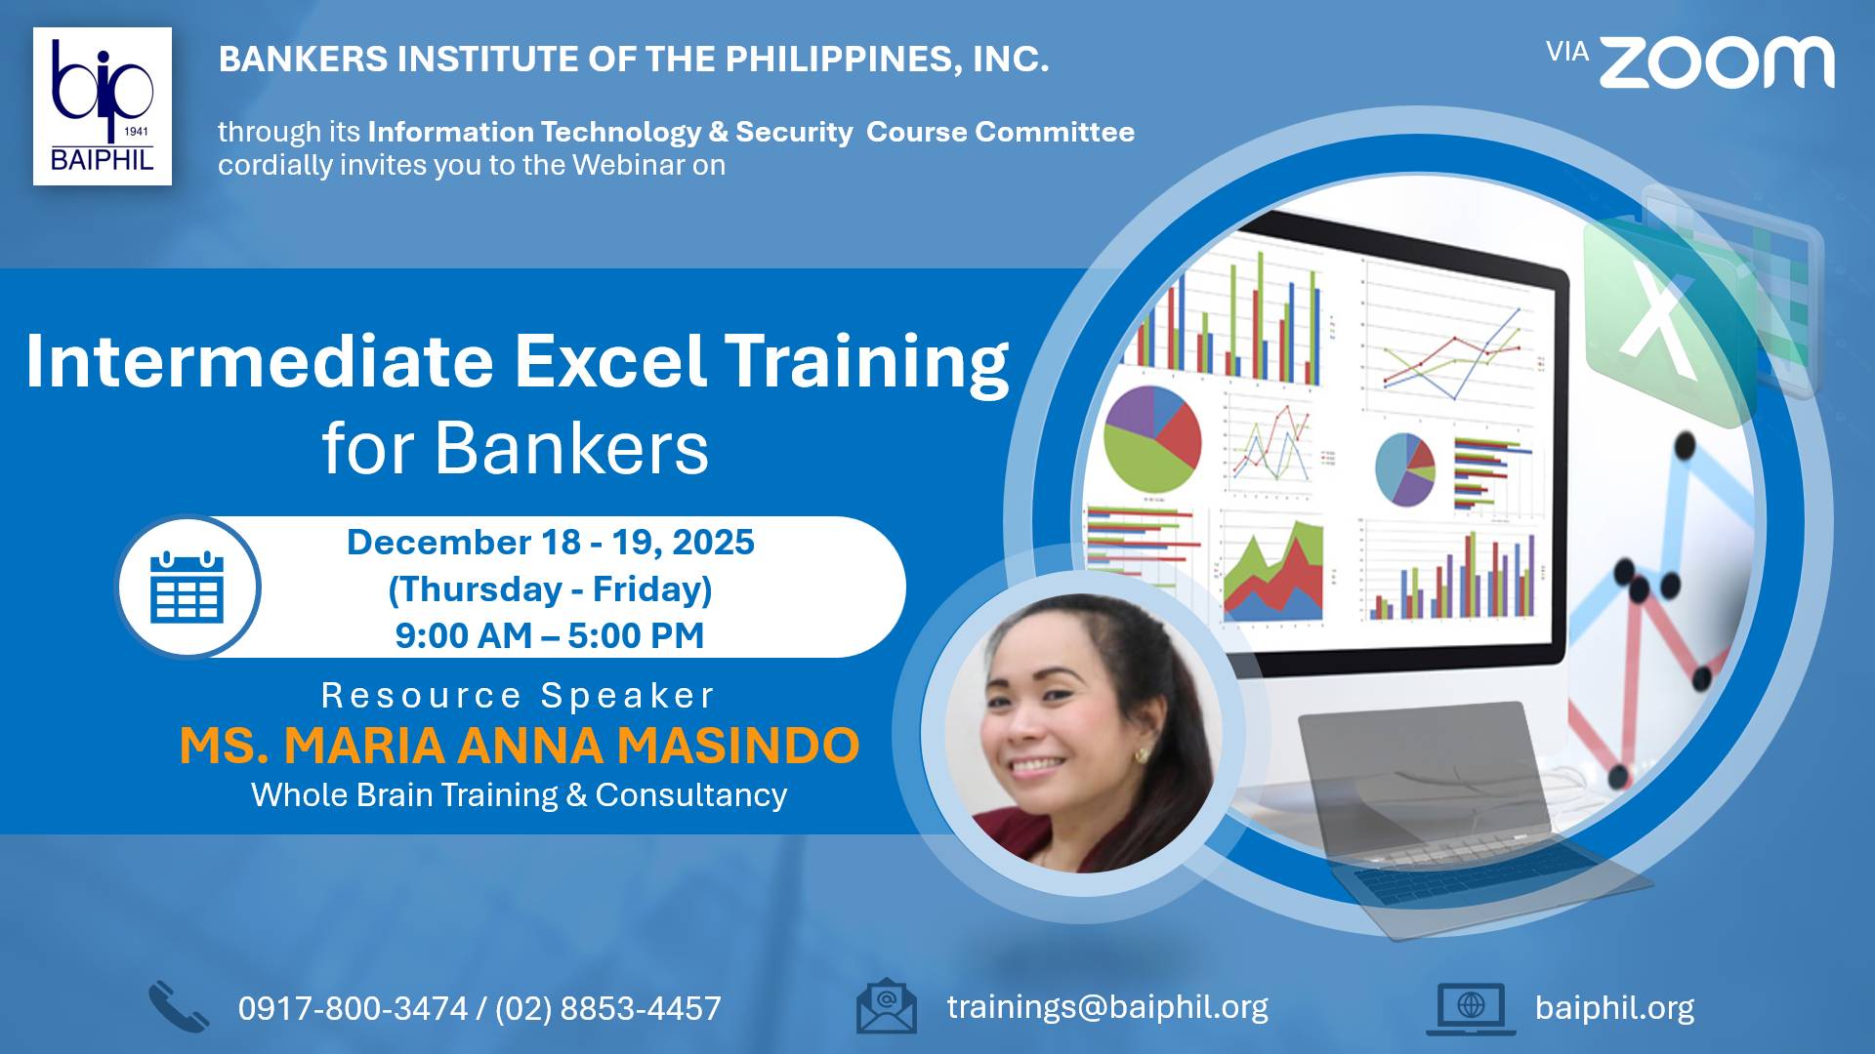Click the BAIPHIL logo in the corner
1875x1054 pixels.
click(x=103, y=106)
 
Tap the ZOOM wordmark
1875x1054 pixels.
click(x=1717, y=62)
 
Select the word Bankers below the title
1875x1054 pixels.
click(x=571, y=448)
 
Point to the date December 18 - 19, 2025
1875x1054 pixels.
click(x=551, y=542)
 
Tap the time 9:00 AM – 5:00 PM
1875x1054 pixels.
click(x=550, y=635)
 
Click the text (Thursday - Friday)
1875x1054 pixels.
click(x=551, y=589)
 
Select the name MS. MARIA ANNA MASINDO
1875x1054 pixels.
click(x=520, y=746)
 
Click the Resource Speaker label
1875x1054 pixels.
click(x=519, y=696)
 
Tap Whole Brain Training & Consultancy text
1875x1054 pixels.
click(x=520, y=795)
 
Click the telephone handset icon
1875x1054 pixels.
click(x=179, y=1007)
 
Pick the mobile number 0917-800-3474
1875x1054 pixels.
click(x=354, y=1008)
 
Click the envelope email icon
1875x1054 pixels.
click(x=887, y=1006)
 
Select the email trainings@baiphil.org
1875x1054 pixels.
click(x=1107, y=1007)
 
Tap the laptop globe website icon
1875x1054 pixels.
click(x=1471, y=1008)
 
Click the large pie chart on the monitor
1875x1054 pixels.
click(x=1152, y=438)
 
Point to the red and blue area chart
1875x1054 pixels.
click(x=1273, y=572)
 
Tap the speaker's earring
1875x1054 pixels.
click(x=1140, y=755)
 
